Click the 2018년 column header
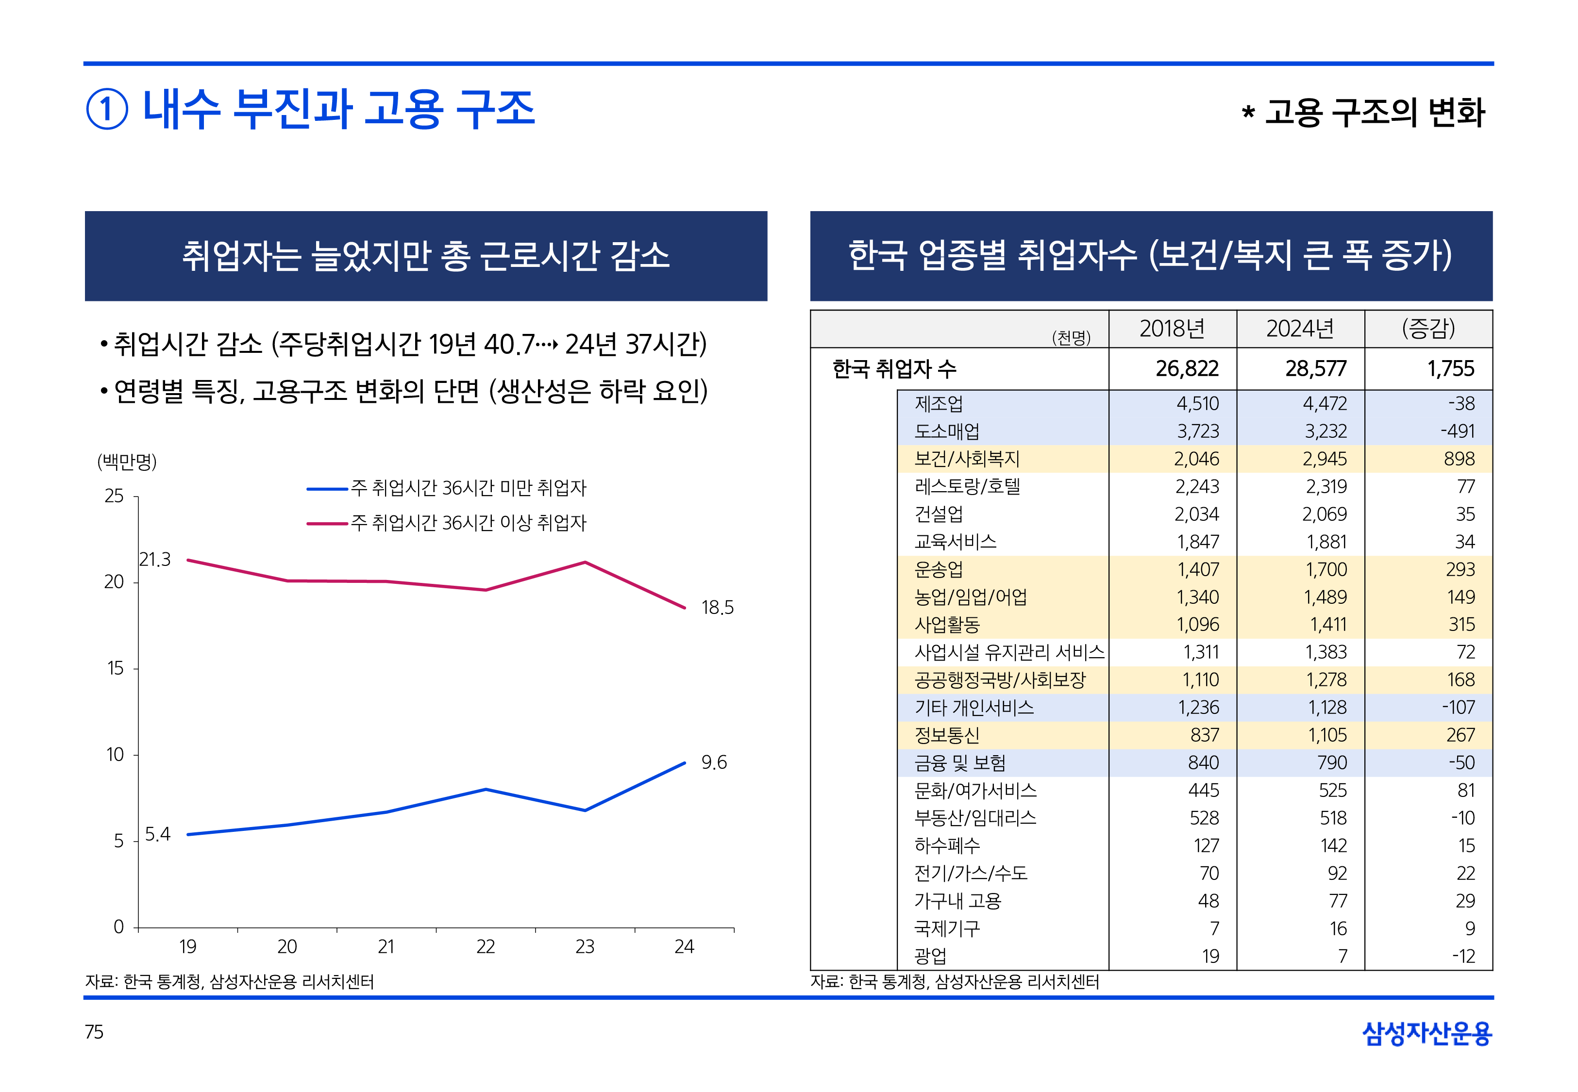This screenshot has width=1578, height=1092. (1172, 329)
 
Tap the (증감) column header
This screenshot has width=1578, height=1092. (1428, 329)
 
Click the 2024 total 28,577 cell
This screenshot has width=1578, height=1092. (1315, 369)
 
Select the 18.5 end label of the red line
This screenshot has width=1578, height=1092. (717, 608)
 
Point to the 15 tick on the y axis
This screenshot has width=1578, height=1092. (115, 668)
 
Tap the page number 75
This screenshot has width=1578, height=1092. (94, 1032)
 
